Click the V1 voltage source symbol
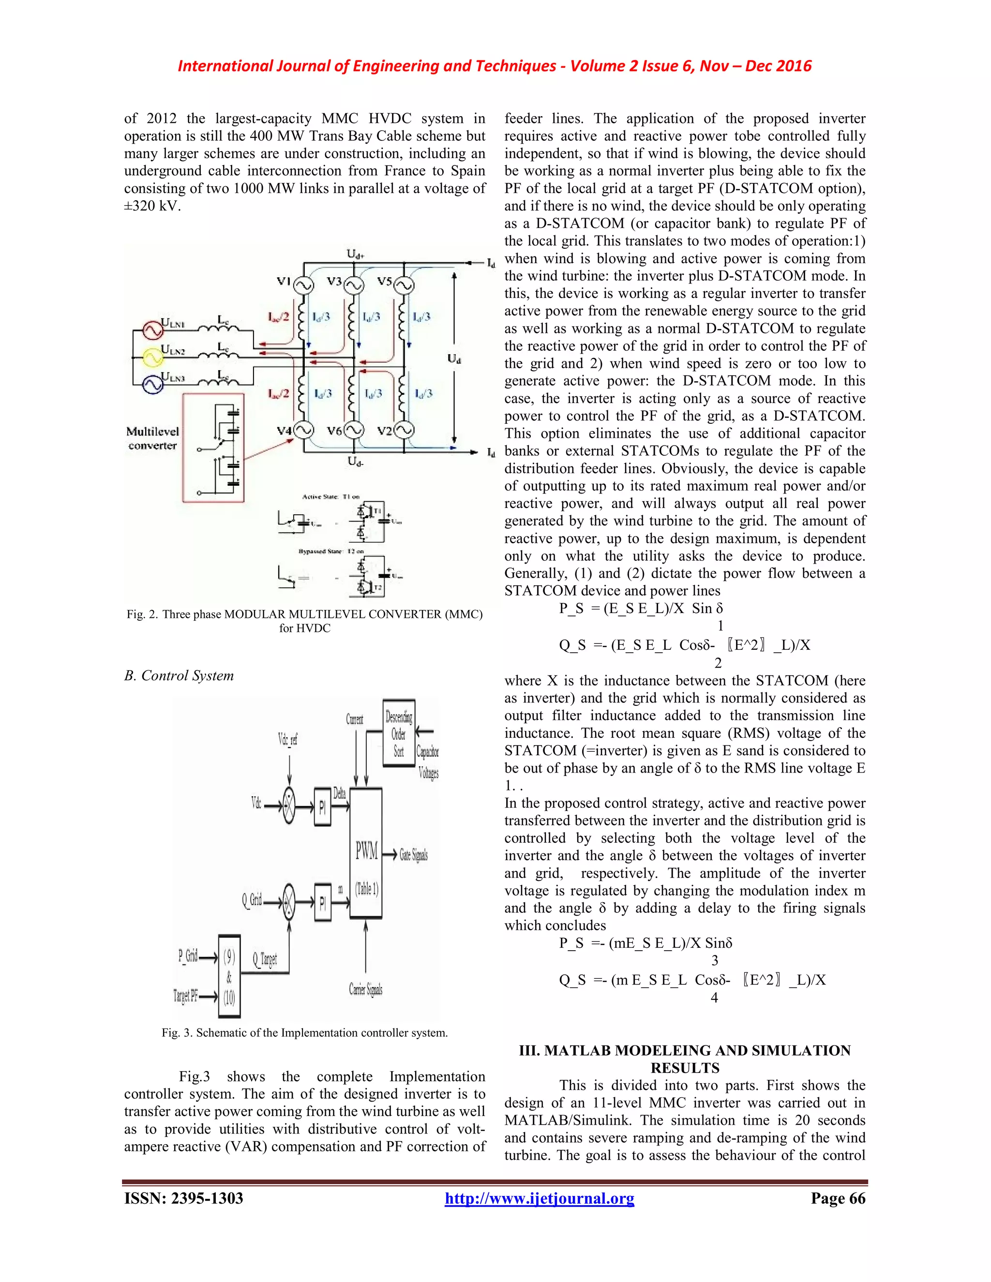click(303, 286)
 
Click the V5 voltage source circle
click(404, 286)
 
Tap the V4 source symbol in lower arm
click(303, 432)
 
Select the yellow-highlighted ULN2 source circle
click(152, 357)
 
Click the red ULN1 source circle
click(152, 330)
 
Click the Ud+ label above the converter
click(355, 254)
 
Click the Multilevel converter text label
click(152, 438)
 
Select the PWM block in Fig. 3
click(366, 853)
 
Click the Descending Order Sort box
click(399, 733)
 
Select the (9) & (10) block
click(229, 977)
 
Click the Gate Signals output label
click(413, 855)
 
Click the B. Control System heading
click(179, 676)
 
